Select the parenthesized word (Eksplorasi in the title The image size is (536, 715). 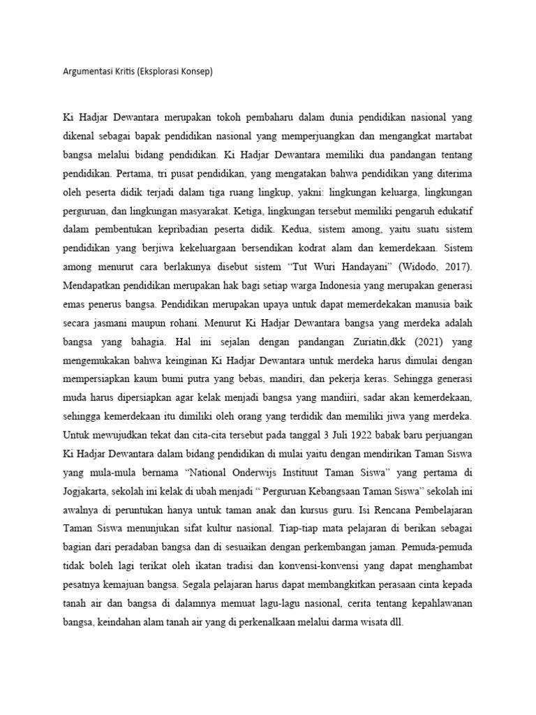(161, 71)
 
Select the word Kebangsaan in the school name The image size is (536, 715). (327, 489)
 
